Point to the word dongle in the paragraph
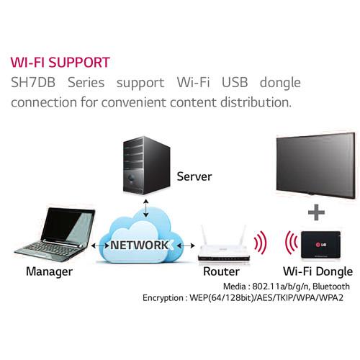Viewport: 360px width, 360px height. [x=287, y=81]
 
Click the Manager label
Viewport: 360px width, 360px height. [x=49, y=271]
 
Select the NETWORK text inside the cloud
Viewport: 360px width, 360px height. [x=140, y=245]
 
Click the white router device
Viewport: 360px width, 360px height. [x=223, y=245]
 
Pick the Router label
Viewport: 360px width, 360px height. [x=223, y=271]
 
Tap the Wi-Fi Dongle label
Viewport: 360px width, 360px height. [x=318, y=271]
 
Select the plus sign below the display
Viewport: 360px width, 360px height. [x=315, y=213]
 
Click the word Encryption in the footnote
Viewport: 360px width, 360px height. [x=165, y=297]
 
